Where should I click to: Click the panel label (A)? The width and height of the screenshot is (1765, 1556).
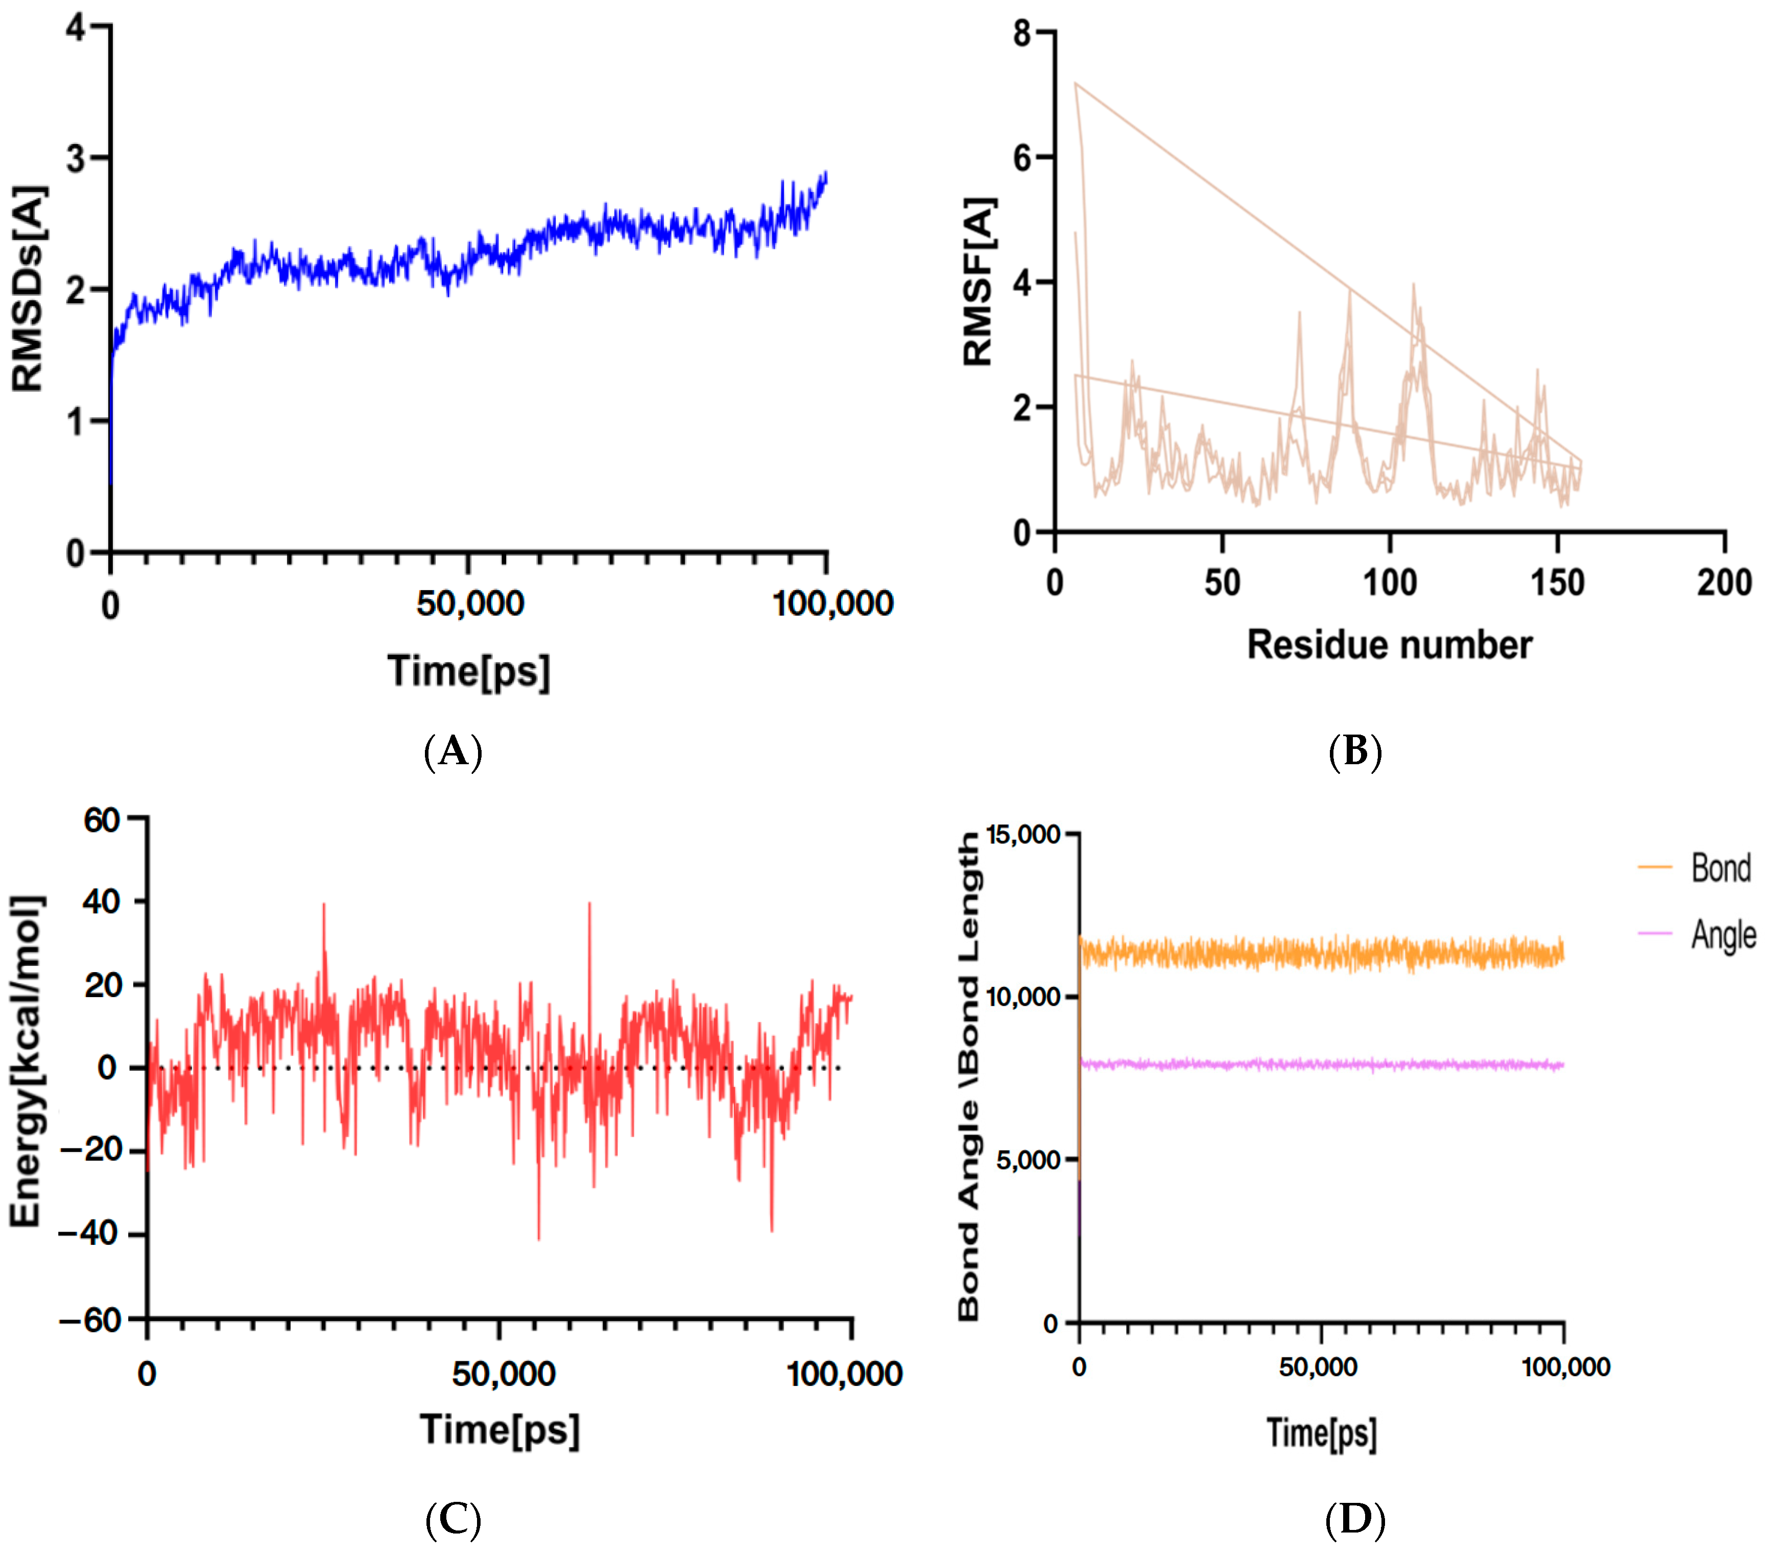(x=452, y=751)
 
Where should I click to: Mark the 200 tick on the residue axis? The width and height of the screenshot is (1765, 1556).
(x=1724, y=583)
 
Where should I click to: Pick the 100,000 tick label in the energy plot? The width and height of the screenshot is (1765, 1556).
(x=844, y=1374)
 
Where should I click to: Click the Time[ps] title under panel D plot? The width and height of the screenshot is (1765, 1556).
(x=1321, y=1433)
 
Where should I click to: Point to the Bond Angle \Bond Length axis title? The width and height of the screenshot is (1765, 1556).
(x=970, y=1075)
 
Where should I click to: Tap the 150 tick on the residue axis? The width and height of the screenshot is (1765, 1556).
(x=1557, y=583)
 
